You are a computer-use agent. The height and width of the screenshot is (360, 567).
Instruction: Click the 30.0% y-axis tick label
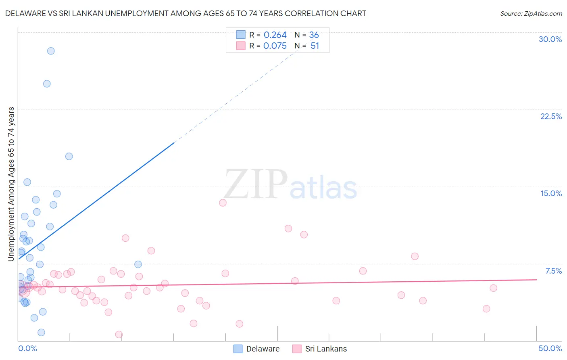tap(550, 39)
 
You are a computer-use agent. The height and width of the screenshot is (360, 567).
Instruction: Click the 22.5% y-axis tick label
tap(551, 116)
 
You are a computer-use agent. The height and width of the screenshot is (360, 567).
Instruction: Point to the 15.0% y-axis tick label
tap(551, 193)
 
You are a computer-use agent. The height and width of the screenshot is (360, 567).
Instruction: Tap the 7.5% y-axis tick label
tap(553, 271)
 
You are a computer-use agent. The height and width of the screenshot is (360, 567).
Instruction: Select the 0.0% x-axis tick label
tap(27, 348)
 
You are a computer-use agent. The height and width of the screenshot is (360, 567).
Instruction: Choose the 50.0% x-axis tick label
tap(550, 348)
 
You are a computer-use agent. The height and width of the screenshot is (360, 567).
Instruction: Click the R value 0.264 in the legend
tap(275, 35)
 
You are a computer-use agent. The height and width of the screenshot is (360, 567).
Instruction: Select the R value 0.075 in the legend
tap(275, 46)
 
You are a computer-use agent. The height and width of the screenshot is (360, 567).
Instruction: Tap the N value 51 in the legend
tap(315, 46)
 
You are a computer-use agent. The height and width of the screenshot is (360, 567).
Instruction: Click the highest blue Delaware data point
tap(51, 51)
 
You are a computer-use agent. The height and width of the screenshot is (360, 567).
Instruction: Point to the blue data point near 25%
tap(47, 84)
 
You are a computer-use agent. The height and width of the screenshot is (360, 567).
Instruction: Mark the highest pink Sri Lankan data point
tap(223, 203)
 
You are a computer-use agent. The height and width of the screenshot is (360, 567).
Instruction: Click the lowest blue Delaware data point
tap(41, 333)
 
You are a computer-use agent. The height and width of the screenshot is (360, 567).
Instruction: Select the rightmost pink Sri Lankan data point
tap(493, 288)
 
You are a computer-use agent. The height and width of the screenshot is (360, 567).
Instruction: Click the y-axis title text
tap(11, 184)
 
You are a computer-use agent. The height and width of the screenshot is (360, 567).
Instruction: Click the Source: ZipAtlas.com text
tap(531, 14)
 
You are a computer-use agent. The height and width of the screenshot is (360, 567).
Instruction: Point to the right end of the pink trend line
tap(536, 279)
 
